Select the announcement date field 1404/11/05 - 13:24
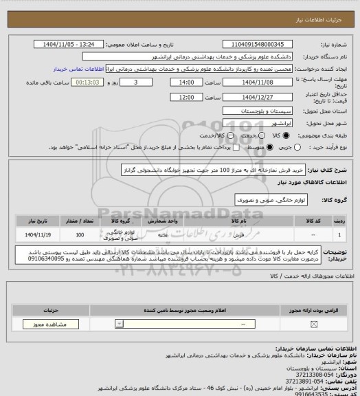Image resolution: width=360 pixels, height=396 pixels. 71,44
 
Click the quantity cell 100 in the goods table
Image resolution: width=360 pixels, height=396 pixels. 82,234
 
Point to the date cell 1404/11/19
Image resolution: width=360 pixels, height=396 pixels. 37,234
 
